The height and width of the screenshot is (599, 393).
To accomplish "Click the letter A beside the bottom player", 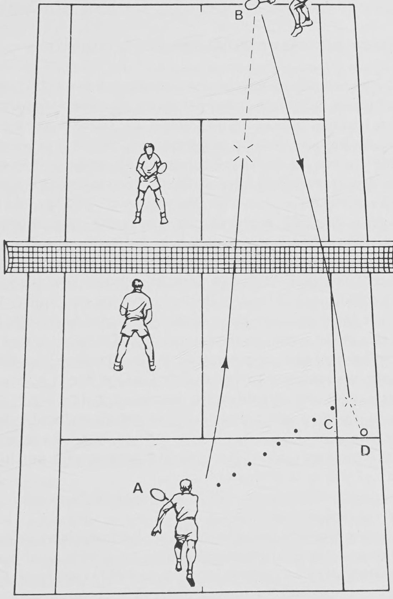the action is [x=138, y=489].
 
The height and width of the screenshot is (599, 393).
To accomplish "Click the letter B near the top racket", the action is [x=239, y=15].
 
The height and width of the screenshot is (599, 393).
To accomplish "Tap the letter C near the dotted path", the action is [x=329, y=424].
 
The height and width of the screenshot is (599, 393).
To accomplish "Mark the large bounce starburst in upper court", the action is [x=243, y=153].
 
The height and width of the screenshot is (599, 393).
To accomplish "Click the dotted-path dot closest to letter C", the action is [x=314, y=419].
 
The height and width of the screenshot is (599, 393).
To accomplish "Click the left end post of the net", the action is [x=5, y=257].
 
